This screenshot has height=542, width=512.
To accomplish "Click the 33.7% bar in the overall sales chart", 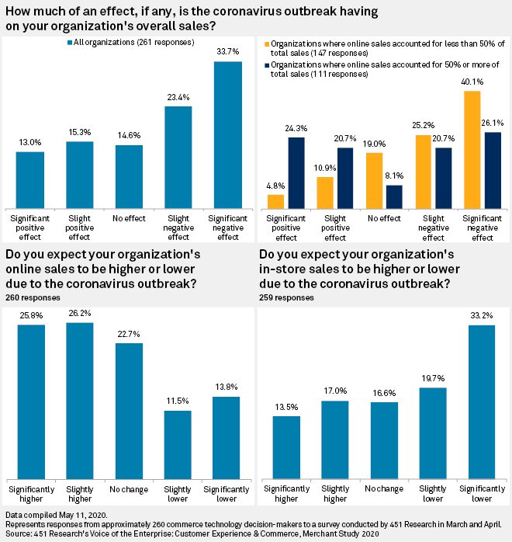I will pos(228,134).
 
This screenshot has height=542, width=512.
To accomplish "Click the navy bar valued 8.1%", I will pos(394,196).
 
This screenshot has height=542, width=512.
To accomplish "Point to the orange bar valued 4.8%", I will pos(275,201).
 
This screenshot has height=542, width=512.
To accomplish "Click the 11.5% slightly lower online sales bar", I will pos(178,443).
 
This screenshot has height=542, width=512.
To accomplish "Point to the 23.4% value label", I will pos(178,98).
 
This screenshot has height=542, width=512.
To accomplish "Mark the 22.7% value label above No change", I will pos(128,335).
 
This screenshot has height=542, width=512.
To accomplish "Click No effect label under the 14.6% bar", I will pos(129,219).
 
